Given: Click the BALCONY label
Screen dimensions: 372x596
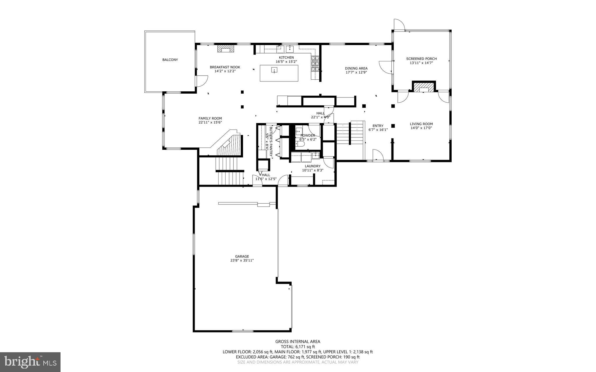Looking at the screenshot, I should tap(170, 60).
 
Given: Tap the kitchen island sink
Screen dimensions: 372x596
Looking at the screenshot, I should tap(274, 70).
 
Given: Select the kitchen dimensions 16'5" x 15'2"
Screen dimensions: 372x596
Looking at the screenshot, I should tap(286, 62).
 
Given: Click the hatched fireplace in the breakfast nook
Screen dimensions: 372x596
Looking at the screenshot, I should tap(226, 48).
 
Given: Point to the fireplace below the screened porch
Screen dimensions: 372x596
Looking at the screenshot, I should tap(423, 87).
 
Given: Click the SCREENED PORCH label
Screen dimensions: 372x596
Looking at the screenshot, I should tap(421, 59).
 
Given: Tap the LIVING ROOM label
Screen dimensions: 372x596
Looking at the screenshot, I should tap(421, 124).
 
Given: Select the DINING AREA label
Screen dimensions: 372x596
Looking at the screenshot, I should tap(356, 68).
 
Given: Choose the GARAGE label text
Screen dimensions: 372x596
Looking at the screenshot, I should tap(242, 257).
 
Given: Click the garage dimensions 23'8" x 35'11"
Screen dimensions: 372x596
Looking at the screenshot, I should tap(242, 261).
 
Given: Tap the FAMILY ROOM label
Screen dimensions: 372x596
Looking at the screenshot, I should tap(210, 118).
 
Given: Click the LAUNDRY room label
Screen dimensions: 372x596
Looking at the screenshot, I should tap(313, 166).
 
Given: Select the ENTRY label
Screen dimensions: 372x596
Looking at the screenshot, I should tap(378, 126).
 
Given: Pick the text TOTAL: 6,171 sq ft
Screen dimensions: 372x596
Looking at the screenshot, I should tap(298, 347).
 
